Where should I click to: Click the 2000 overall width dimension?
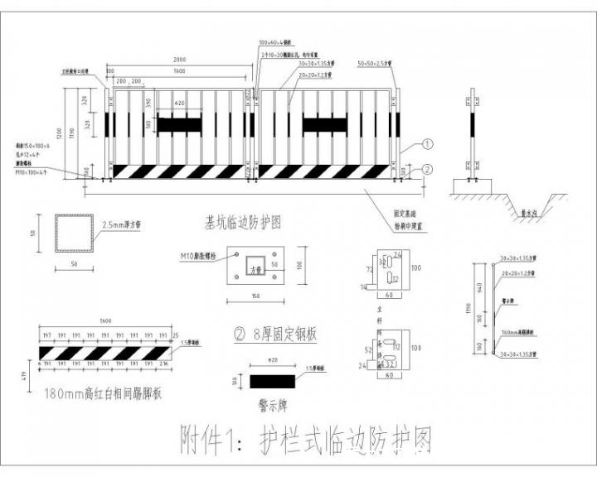coord(179,61)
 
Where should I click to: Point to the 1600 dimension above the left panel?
coord(179,72)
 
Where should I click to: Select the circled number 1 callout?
coord(428,143)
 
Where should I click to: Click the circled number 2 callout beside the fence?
coord(428,169)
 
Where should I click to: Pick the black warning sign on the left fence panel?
coord(179,124)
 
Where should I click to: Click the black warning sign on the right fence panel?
coord(324,124)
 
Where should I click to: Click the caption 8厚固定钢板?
coord(277,335)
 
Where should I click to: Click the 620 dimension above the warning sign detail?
coord(273,362)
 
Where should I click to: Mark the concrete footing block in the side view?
coord(473,186)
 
